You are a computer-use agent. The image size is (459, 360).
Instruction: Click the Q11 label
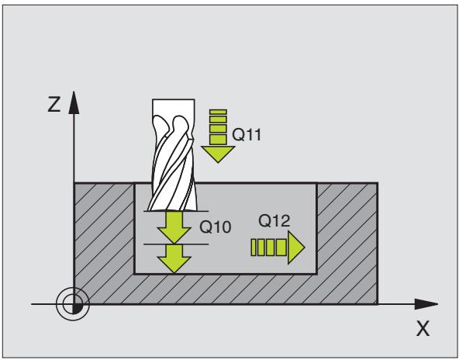coord(247,135)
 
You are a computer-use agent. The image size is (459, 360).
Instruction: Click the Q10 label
coord(216,227)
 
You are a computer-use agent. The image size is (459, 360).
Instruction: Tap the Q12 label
coord(274,220)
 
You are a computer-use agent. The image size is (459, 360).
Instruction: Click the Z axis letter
coord(54,105)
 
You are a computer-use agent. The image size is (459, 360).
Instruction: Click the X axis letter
coord(423,328)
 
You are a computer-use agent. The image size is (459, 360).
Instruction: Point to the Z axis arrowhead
coord(74,102)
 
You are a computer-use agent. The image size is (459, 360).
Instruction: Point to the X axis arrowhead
coord(426,304)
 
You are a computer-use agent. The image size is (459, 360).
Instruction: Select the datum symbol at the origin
coord(73,304)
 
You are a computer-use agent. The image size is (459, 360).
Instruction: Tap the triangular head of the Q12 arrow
coord(295,247)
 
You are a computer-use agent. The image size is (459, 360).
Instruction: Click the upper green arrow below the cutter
coord(174,227)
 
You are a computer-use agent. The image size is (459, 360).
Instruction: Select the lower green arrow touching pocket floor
coord(174,258)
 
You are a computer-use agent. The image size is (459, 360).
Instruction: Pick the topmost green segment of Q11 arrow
coord(219,112)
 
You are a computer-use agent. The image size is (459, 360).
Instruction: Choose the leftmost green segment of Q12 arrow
coord(254,247)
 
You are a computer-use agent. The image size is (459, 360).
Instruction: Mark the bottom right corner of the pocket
coord(316,274)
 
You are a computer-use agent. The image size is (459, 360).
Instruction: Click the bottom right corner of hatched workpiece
coord(377,304)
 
